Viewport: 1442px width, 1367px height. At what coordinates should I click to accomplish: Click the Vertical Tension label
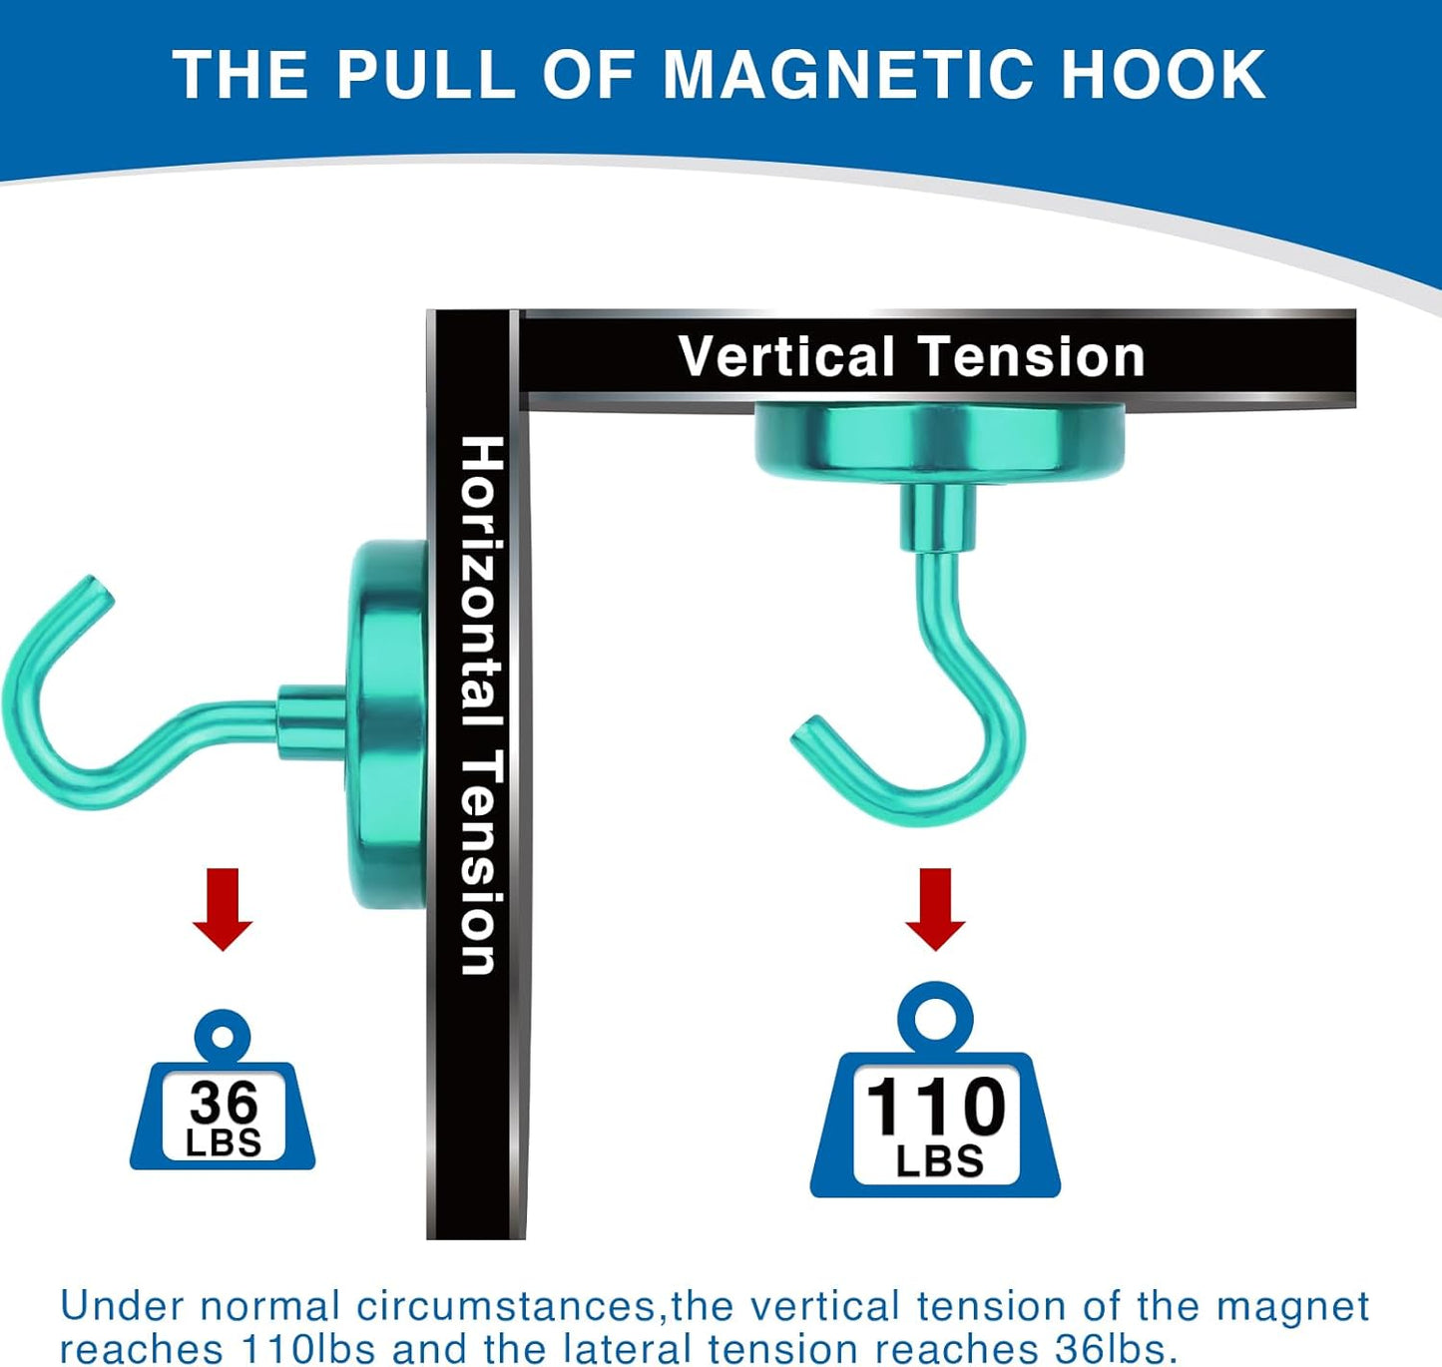click(x=911, y=356)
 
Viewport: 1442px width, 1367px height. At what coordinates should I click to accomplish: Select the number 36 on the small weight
click(x=224, y=1103)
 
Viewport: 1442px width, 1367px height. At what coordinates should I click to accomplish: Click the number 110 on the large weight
click(x=935, y=1107)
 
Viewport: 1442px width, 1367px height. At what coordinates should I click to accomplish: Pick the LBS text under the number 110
click(x=939, y=1161)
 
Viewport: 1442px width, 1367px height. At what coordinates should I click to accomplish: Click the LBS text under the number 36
click(x=224, y=1143)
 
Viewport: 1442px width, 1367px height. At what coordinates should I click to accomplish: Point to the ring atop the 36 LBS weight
click(x=223, y=1037)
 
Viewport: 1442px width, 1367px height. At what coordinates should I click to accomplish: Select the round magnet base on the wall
click(x=387, y=723)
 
